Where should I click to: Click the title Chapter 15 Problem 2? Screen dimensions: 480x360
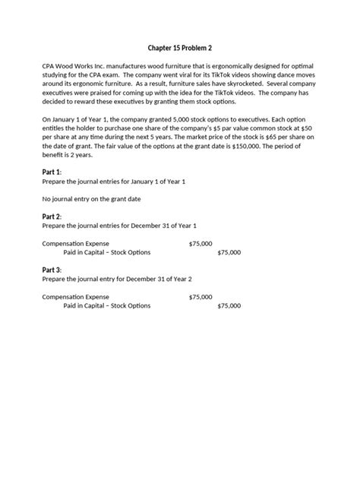point(180,48)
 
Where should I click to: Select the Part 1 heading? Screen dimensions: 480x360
point(54,172)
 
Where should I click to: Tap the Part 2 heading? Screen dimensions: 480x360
point(54,216)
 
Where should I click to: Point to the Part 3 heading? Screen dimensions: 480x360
point(54,270)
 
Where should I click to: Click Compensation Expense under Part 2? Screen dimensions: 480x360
point(75,243)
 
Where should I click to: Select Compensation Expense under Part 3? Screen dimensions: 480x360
point(75,296)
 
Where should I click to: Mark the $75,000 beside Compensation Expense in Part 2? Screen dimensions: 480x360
point(201,243)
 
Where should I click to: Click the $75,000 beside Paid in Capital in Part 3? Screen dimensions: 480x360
point(229,305)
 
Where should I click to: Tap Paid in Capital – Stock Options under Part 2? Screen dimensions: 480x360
point(107,252)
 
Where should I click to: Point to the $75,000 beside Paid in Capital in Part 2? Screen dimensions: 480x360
point(229,252)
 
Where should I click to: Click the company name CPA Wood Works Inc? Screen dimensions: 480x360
point(77,67)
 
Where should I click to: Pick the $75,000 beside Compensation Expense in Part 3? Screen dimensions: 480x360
point(201,296)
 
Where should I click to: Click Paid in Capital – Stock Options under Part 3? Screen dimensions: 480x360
point(107,305)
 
